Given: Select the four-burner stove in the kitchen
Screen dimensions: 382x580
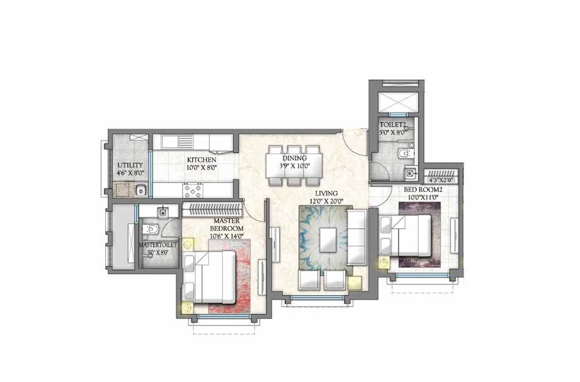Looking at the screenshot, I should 193,189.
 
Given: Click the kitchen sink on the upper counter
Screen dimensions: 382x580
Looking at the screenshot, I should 185,142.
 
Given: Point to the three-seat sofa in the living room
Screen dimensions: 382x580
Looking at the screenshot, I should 356,238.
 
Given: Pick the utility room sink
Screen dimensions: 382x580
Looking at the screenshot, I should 141,189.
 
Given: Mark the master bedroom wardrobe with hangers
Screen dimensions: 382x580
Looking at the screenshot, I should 212,208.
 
